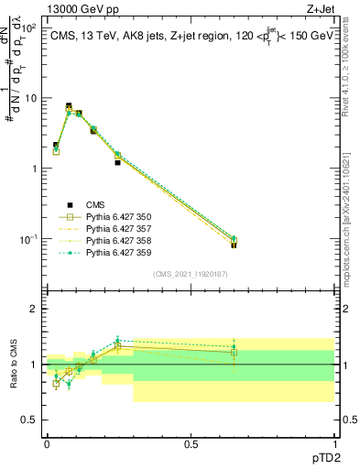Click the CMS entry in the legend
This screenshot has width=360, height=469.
97,205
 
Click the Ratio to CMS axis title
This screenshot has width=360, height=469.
13,365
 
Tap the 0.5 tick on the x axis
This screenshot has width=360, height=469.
191,445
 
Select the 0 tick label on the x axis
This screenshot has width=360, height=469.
47,445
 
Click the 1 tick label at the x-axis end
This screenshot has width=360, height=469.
334,445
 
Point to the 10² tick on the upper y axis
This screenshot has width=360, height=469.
29,27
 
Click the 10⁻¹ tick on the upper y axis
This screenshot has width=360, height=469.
27,239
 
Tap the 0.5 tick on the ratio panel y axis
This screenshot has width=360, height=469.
29,420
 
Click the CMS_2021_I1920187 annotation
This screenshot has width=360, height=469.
190,274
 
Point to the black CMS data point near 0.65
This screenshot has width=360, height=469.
234,245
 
